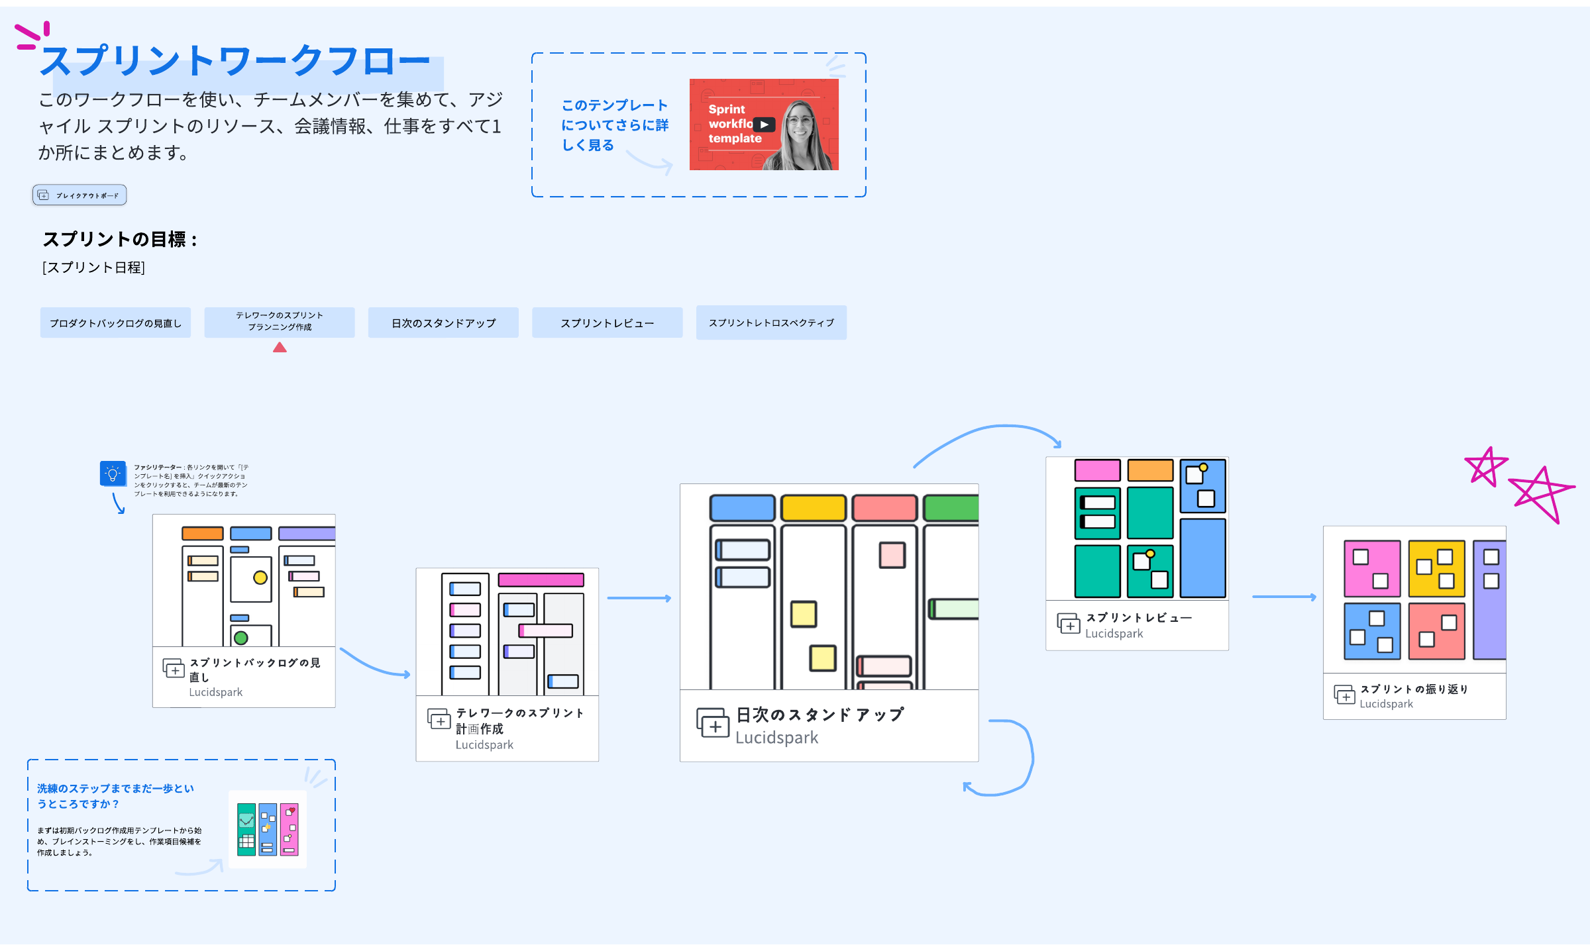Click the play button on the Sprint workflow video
click(764, 125)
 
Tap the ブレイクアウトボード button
click(79, 195)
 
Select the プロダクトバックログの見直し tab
click(115, 323)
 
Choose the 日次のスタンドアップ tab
click(443, 323)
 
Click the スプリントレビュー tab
click(607, 323)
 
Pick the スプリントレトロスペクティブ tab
click(771, 323)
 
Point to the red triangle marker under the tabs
click(280, 348)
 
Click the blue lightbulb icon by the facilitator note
click(113, 474)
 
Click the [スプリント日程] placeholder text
click(93, 268)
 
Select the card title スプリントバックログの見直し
click(254, 670)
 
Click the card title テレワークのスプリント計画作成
click(519, 721)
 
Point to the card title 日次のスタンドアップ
click(820, 715)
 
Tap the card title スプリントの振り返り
click(1414, 689)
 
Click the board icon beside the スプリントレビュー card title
click(1068, 624)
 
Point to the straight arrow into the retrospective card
click(1283, 597)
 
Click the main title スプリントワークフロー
click(235, 61)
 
